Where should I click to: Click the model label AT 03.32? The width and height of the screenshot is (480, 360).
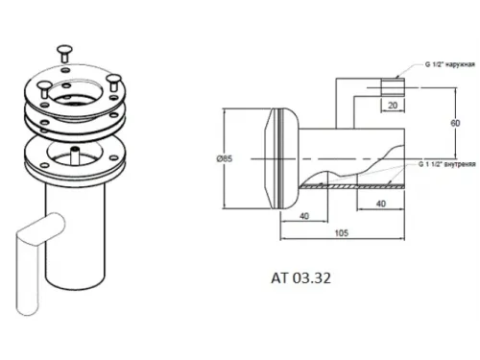point(300,278)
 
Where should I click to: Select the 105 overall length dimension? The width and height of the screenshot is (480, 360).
point(342,232)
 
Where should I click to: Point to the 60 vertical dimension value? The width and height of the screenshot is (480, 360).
point(455,123)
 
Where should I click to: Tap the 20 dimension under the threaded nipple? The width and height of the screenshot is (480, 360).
point(393,105)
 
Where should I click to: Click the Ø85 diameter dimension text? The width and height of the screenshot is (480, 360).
point(225,158)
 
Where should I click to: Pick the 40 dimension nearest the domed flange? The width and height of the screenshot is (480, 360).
point(304,216)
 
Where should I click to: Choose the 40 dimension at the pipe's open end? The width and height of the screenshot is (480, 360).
point(381,204)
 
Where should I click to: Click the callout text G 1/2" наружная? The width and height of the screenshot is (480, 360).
point(449,64)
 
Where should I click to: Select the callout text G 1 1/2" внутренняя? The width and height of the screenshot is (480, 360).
point(446,164)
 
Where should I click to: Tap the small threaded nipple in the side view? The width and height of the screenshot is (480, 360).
point(393,86)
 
